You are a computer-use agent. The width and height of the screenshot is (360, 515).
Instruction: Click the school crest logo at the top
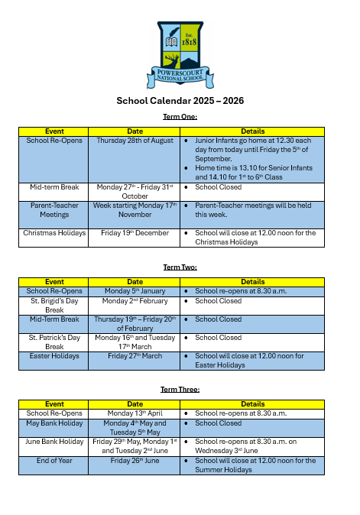click(x=180, y=53)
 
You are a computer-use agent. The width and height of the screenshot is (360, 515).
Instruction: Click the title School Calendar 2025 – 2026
click(x=180, y=101)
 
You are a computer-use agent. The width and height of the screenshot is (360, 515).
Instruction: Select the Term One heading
click(x=180, y=116)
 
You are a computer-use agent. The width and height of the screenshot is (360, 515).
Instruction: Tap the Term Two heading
click(x=180, y=267)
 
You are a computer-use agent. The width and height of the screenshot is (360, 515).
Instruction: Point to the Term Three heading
click(x=180, y=389)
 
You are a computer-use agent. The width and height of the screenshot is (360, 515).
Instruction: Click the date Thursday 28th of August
click(x=135, y=141)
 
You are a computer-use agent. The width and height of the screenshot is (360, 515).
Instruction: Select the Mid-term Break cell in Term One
click(x=54, y=186)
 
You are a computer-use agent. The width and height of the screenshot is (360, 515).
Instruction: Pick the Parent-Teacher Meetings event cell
click(x=54, y=210)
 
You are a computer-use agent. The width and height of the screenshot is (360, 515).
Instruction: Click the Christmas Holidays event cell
click(x=54, y=233)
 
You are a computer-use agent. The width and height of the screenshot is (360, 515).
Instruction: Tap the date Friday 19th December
click(x=135, y=233)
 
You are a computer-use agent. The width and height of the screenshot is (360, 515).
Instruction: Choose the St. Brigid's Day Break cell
click(x=54, y=306)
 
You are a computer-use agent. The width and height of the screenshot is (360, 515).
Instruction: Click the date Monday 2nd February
click(x=135, y=301)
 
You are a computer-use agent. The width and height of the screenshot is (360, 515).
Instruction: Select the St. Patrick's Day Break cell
click(x=54, y=342)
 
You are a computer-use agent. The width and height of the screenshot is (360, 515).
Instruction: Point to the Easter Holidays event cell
click(x=54, y=355)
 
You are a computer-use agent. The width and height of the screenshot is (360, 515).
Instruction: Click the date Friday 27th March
click(x=135, y=355)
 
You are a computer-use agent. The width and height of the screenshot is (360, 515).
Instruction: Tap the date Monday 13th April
click(x=135, y=413)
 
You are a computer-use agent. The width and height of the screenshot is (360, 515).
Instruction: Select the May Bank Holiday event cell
click(x=54, y=423)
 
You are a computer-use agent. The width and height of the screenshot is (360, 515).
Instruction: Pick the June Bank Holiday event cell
click(x=54, y=441)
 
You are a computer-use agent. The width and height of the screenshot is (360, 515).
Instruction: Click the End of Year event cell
click(x=54, y=461)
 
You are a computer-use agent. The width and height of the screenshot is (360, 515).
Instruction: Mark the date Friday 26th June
click(x=135, y=461)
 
